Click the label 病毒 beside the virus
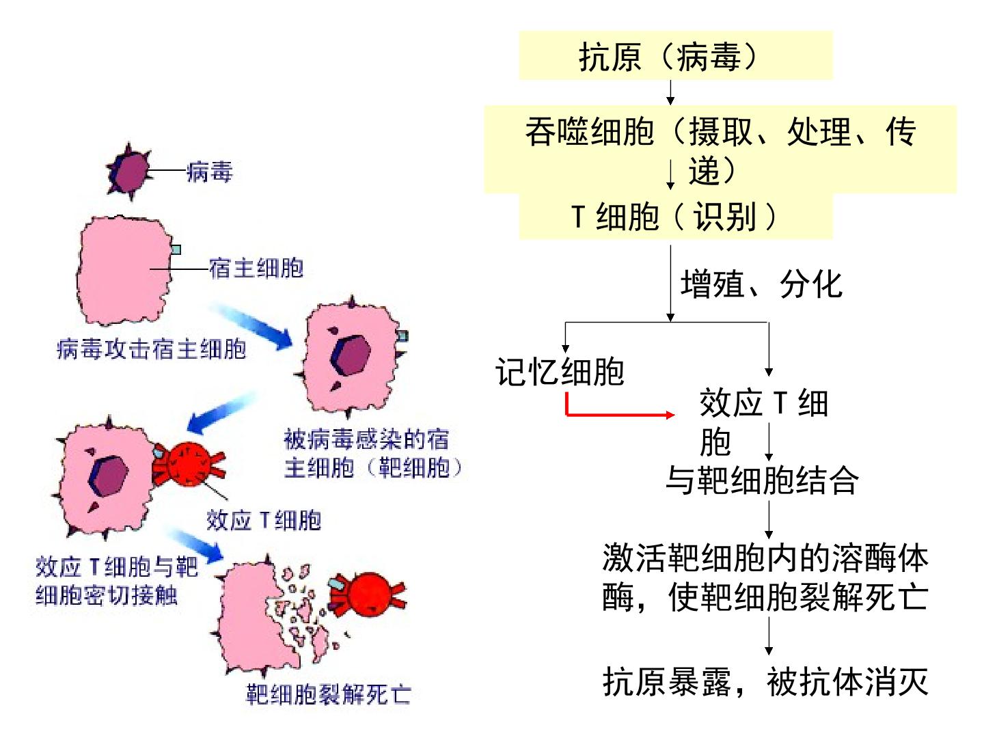(209, 172)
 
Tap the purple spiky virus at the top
(129, 172)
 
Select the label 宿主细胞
(256, 269)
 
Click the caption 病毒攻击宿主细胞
(152, 349)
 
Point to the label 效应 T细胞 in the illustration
(264, 520)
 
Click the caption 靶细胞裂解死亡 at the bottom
(329, 694)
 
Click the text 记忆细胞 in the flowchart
(560, 372)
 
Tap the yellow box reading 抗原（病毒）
(676, 55)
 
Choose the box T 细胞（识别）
(676, 216)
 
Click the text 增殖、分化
(761, 284)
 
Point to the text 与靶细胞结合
(762, 480)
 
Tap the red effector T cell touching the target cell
(189, 465)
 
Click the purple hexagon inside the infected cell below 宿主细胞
(351, 355)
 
